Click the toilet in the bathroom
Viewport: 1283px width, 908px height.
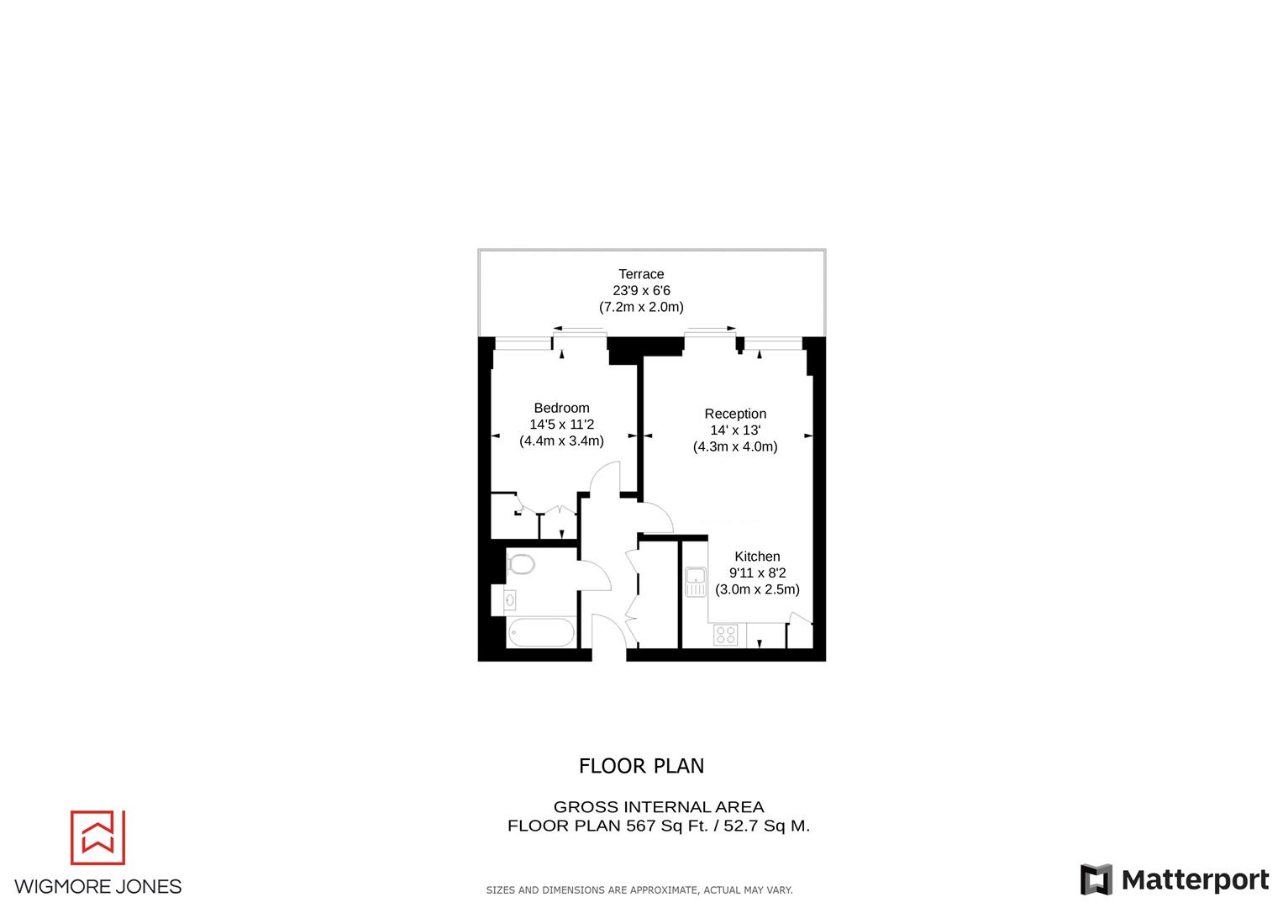click(522, 563)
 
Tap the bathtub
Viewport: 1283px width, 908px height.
click(541, 632)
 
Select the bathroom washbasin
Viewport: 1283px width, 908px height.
click(510, 600)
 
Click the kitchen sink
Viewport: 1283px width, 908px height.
click(696, 581)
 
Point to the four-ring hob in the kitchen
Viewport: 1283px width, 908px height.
click(725, 635)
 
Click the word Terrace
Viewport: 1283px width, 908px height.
click(641, 274)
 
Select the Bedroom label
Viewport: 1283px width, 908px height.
click(561, 408)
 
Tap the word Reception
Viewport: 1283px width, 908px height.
click(735, 414)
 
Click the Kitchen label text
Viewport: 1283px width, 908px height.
click(757, 557)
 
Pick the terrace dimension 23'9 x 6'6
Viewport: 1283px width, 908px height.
click(641, 291)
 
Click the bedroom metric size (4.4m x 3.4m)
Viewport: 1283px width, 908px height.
click(561, 441)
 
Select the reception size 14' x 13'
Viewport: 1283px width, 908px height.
click(735, 430)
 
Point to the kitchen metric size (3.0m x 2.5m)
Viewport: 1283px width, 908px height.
click(757, 589)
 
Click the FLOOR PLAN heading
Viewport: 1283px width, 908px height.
click(641, 766)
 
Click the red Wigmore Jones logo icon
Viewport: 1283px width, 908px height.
click(97, 837)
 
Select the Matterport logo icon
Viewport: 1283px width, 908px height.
click(1096, 879)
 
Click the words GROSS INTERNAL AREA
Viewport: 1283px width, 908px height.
click(658, 807)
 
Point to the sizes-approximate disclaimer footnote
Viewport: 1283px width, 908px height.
click(639, 890)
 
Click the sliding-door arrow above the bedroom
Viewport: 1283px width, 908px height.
click(579, 329)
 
